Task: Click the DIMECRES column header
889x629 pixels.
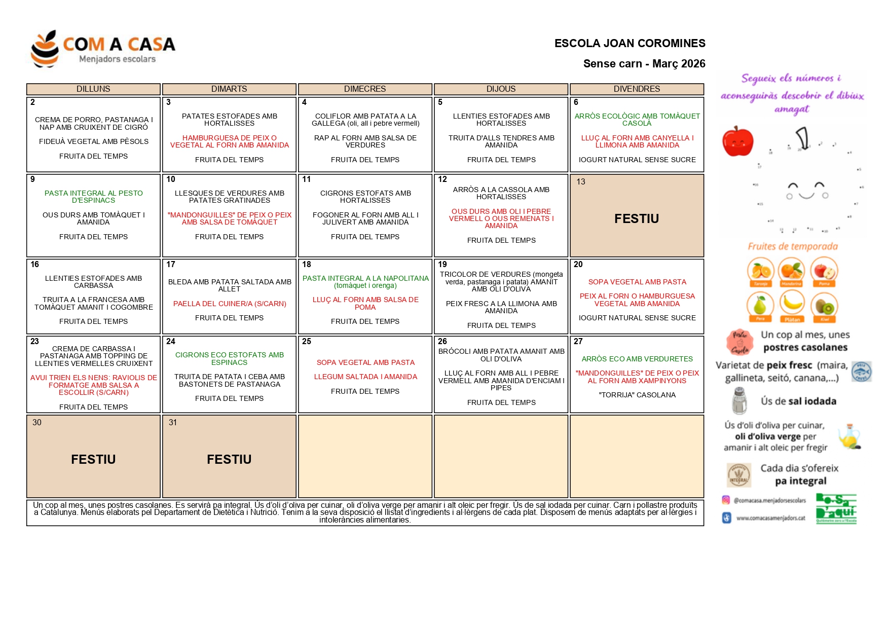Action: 365,89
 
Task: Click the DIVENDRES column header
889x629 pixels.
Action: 637,89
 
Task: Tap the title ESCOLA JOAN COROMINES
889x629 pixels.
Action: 629,44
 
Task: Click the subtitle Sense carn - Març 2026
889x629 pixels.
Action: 644,64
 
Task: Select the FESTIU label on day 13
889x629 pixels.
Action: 637,219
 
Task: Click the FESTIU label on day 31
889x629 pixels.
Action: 229,460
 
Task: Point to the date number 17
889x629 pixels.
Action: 171,265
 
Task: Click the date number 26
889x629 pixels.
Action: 442,342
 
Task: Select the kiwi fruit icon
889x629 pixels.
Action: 825,306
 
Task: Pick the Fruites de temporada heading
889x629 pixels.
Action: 793,247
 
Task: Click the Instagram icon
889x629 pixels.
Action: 726,500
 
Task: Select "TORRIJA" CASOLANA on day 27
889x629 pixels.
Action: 637,395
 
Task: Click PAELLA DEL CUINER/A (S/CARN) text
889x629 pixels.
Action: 230,304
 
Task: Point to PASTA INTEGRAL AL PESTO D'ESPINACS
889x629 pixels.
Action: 94,197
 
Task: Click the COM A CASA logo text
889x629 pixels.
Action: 119,45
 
